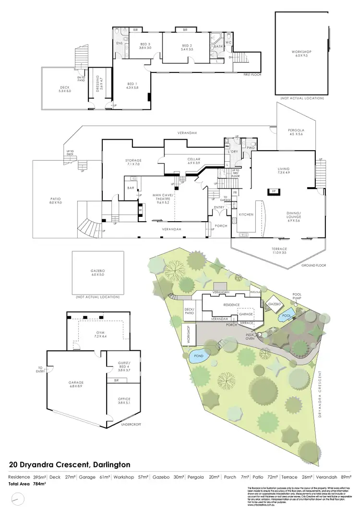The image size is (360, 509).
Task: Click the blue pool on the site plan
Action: click(x=287, y=316)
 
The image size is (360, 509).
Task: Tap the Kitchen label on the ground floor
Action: click(x=246, y=214)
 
